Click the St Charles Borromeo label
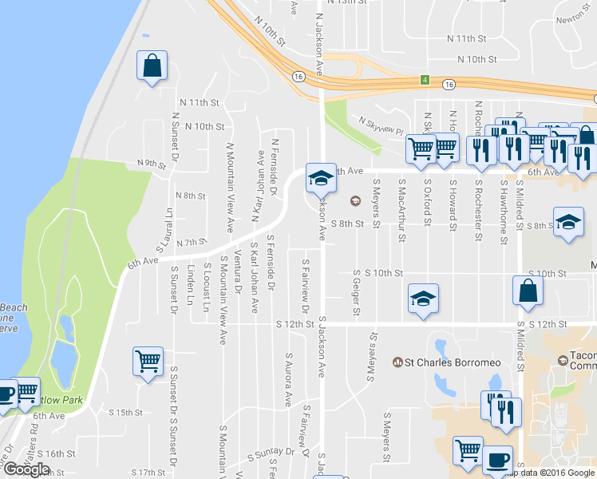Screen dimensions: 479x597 (441, 363)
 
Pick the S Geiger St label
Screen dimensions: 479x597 (358, 291)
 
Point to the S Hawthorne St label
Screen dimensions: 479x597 (503, 209)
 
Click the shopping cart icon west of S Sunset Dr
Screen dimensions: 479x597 (148, 362)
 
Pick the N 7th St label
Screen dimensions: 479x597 (192, 242)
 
